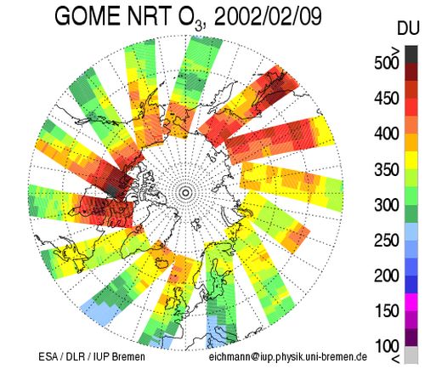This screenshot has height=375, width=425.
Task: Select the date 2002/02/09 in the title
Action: pyautogui.click(x=268, y=16)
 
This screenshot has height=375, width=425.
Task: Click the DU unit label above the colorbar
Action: pyautogui.click(x=408, y=28)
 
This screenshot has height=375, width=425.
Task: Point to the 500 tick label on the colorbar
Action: pyautogui.click(x=387, y=63)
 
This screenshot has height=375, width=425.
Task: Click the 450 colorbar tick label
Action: pyautogui.click(x=387, y=99)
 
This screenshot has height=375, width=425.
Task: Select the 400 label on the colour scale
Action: pyautogui.click(x=387, y=134)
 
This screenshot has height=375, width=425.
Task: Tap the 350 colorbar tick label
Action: pyautogui.click(x=387, y=169)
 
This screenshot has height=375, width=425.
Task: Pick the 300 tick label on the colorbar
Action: pyautogui.click(x=387, y=205)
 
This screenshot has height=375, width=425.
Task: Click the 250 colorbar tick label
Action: pyautogui.click(x=387, y=241)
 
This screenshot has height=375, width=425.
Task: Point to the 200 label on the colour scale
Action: pyautogui.click(x=387, y=276)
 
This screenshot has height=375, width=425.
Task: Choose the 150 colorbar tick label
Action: pyautogui.click(x=387, y=311)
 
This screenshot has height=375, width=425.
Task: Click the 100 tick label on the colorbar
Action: pyautogui.click(x=387, y=346)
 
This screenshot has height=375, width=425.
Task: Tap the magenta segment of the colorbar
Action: pyautogui.click(x=411, y=302)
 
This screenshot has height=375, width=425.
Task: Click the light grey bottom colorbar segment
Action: pyautogui.click(x=411, y=355)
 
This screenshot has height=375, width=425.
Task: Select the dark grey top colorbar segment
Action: pyautogui.click(x=411, y=54)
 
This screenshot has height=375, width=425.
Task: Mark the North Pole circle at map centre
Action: pyautogui.click(x=185, y=193)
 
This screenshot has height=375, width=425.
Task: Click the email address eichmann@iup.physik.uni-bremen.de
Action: pyautogui.click(x=288, y=357)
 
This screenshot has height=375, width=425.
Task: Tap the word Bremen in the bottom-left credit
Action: pyautogui.click(x=128, y=357)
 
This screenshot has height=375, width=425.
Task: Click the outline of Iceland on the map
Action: pyautogui.click(x=163, y=263)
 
